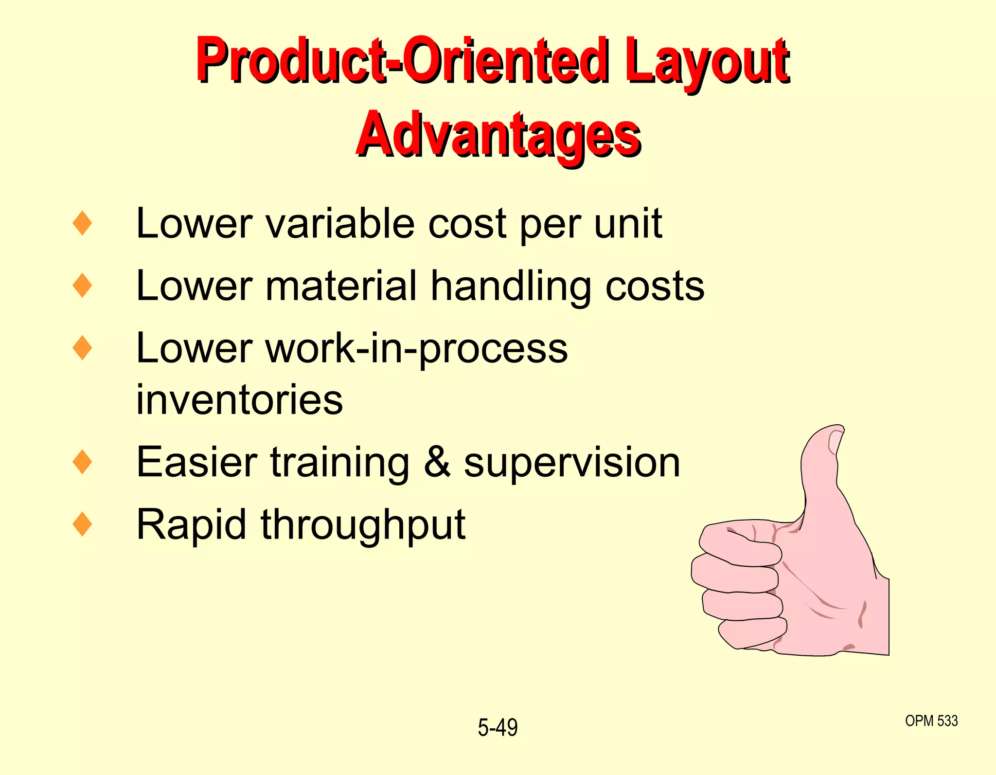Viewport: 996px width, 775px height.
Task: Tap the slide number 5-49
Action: pyautogui.click(x=498, y=728)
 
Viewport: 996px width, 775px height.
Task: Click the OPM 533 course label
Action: pyautogui.click(x=931, y=721)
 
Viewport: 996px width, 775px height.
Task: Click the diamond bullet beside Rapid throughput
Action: pyautogui.click(x=82, y=524)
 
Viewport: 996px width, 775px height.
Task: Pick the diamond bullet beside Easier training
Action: pyautogui.click(x=82, y=462)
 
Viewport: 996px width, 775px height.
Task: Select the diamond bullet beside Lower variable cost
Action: pyautogui.click(x=82, y=223)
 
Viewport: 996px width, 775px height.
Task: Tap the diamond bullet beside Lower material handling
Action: pyautogui.click(x=82, y=286)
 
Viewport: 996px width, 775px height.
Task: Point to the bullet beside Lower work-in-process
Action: pyautogui.click(x=82, y=348)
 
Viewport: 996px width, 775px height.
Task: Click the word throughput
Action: pyautogui.click(x=363, y=525)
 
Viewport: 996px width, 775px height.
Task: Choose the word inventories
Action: pyautogui.click(x=239, y=400)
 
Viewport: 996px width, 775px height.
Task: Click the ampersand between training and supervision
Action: pyautogui.click(x=437, y=462)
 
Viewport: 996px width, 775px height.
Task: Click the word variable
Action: pyautogui.click(x=340, y=224)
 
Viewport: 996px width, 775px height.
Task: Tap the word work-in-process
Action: pyautogui.click(x=417, y=349)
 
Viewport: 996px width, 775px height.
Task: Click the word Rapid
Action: pyautogui.click(x=191, y=525)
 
